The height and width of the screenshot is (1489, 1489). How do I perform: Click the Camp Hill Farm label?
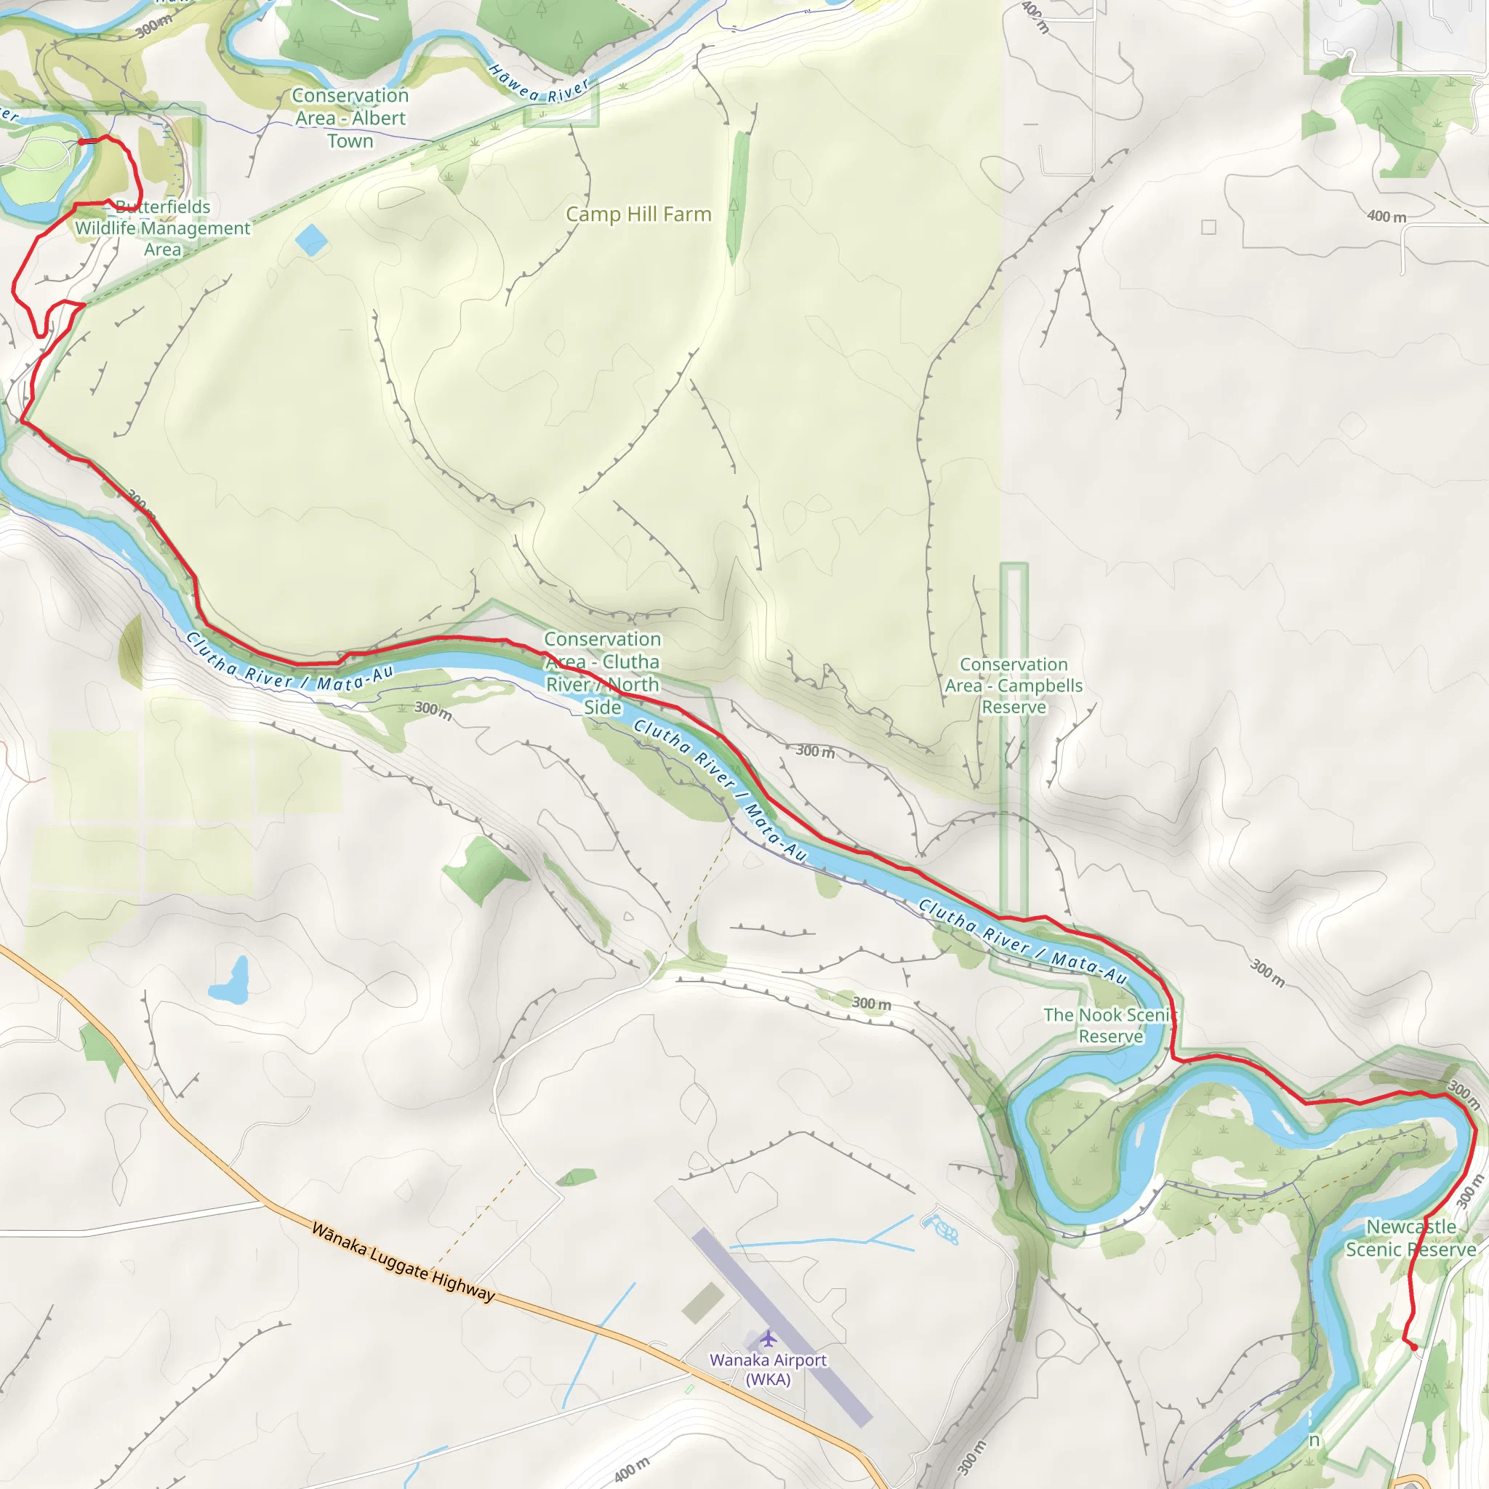(638, 214)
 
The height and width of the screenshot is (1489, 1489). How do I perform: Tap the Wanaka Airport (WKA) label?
(768, 1370)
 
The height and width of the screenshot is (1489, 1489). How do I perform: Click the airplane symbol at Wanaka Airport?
(768, 1338)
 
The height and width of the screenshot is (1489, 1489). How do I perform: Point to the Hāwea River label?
(539, 85)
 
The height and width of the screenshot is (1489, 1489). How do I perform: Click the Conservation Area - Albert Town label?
(350, 118)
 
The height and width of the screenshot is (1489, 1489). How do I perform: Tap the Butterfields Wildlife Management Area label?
(163, 228)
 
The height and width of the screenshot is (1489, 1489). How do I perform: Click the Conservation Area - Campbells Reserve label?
(1014, 685)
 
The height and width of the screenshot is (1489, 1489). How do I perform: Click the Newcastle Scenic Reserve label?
(1410, 1237)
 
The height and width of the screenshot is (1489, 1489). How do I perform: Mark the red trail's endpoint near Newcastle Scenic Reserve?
(1414, 1347)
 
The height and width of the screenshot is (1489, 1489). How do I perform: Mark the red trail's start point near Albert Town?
(81, 142)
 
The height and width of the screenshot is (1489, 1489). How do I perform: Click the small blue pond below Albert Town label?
(311, 240)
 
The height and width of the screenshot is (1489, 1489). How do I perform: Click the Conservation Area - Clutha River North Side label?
(602, 673)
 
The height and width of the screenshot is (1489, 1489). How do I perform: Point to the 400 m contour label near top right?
(1386, 217)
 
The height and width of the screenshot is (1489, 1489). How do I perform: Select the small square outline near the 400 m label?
(1208, 227)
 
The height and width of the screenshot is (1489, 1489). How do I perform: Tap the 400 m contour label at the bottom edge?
(632, 1469)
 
